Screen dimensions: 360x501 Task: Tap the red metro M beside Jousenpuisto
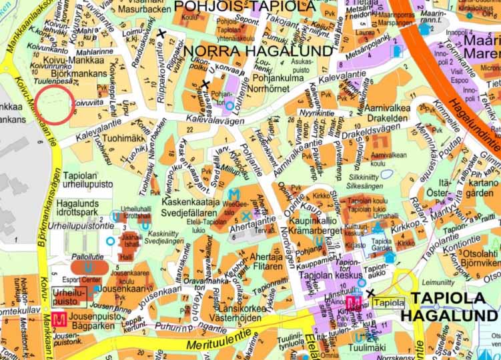[59, 319]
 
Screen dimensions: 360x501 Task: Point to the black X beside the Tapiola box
[370, 293]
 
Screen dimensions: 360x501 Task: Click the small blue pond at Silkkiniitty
[386, 174]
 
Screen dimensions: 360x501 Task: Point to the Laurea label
[366, 31]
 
